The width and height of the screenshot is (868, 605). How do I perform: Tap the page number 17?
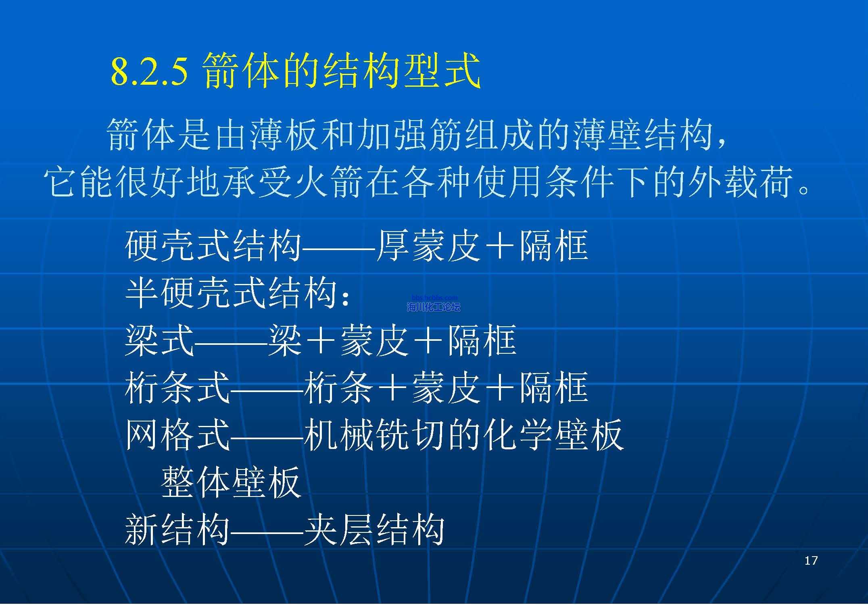[811, 560]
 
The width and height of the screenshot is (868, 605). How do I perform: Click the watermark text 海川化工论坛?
[434, 307]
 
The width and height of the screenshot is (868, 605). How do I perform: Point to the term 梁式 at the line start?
[159, 340]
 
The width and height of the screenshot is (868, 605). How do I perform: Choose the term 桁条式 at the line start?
[177, 388]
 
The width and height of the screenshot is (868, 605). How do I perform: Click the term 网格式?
[177, 435]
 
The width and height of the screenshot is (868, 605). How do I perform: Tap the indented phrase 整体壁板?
[231, 482]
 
